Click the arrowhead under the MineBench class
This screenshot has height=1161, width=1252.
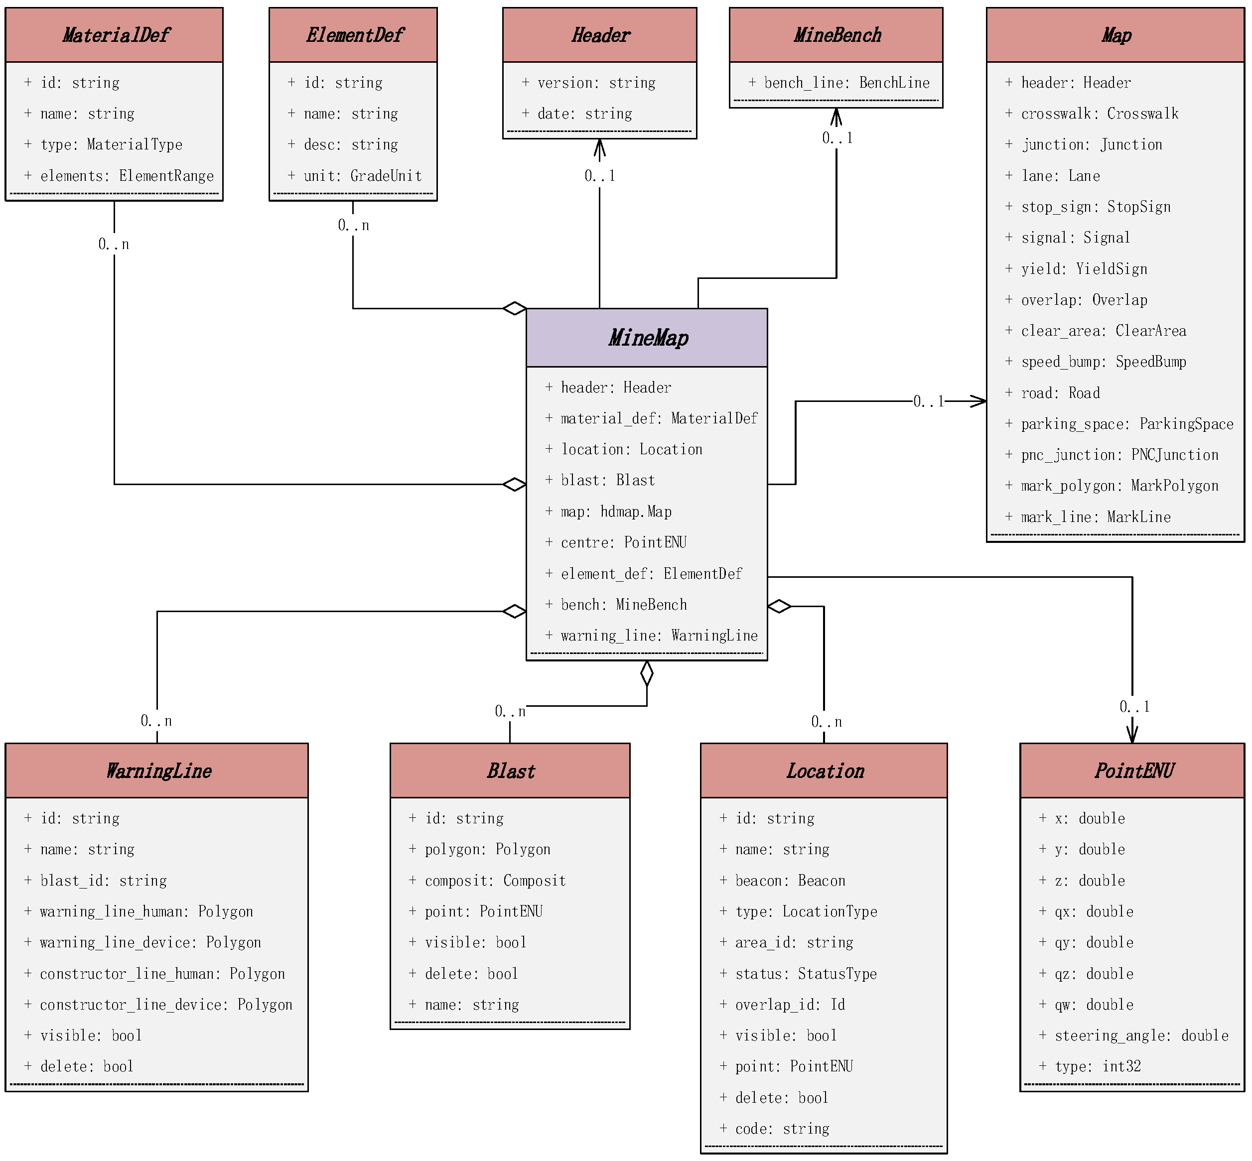click(x=836, y=116)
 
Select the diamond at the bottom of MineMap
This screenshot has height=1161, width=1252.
click(x=647, y=673)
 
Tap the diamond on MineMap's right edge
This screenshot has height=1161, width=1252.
click(x=779, y=606)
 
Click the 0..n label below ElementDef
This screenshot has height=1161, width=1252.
click(x=353, y=225)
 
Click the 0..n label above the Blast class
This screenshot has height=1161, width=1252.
click(x=510, y=711)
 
